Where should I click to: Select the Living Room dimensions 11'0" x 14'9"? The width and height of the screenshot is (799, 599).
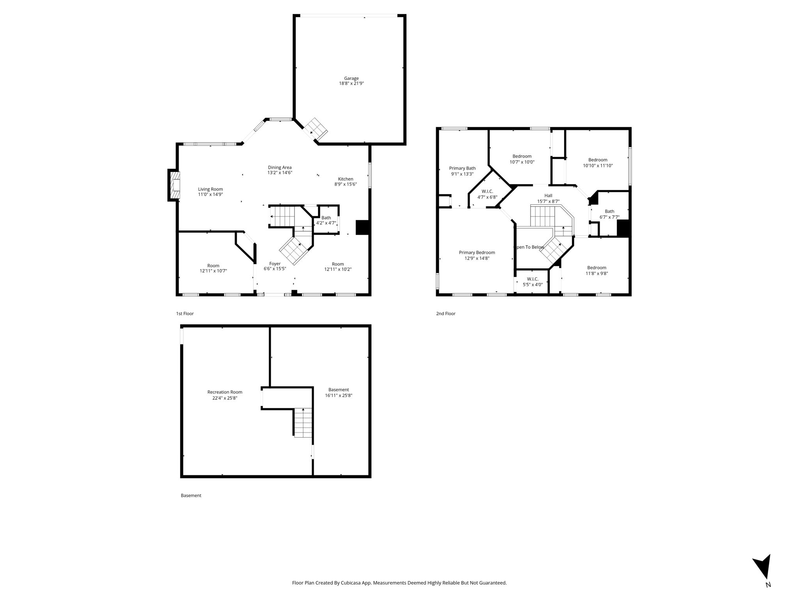[210, 194]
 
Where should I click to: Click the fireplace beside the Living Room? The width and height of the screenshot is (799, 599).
[174, 185]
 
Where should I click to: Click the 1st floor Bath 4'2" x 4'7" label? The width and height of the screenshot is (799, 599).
[326, 220]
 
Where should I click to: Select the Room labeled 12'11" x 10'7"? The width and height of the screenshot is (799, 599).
[213, 268]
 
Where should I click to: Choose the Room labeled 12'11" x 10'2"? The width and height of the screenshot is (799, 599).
[338, 266]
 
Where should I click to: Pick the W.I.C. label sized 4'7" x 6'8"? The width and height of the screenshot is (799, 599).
[487, 194]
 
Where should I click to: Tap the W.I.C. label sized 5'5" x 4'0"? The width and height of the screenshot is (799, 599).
[533, 282]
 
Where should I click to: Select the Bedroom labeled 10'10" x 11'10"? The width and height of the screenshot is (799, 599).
[598, 163]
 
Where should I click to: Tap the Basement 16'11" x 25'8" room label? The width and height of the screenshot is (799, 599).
[339, 392]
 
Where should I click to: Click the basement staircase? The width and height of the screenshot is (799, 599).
[303, 422]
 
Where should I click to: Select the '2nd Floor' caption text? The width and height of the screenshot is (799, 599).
[446, 314]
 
